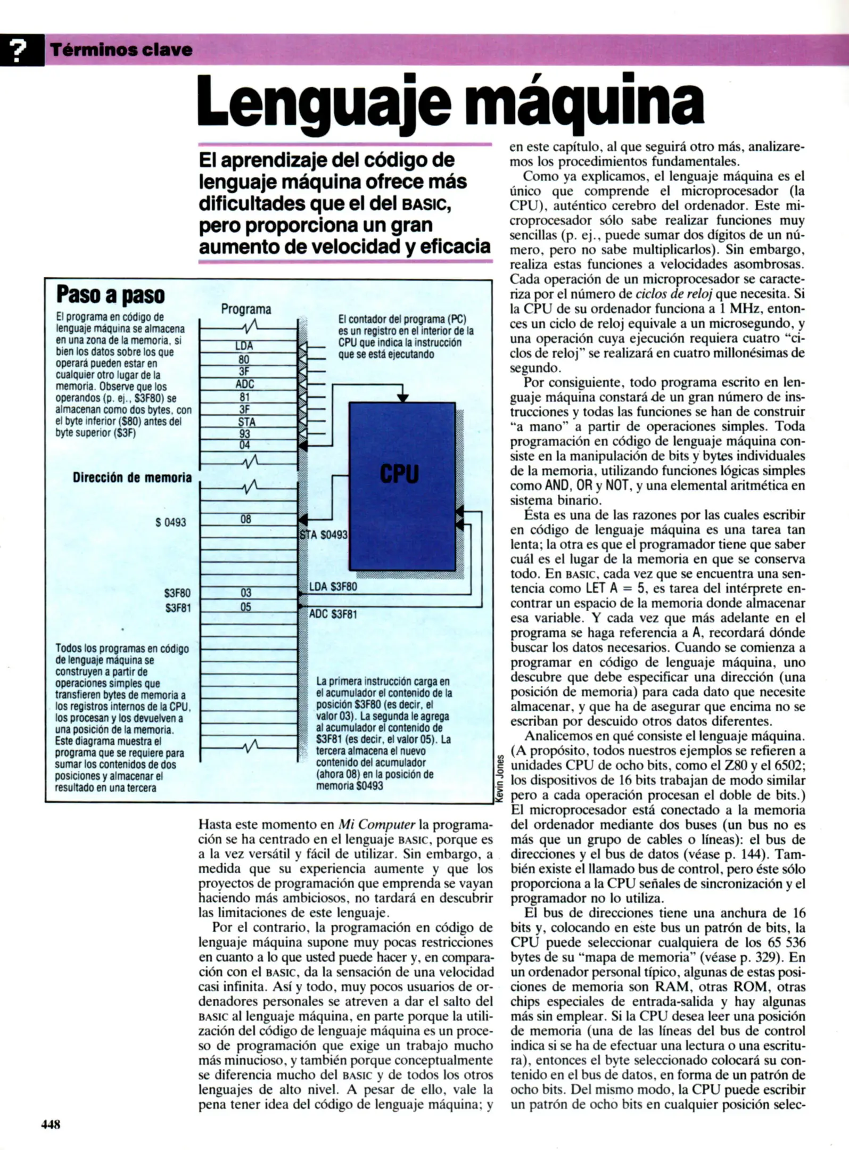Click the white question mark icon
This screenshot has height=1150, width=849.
[20, 50]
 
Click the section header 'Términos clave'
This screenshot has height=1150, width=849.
[121, 50]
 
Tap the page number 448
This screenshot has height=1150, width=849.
[51, 1124]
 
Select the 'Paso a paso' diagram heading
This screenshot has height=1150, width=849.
[110, 294]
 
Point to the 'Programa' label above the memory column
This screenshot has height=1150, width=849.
[246, 309]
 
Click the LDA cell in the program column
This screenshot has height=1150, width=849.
[245, 346]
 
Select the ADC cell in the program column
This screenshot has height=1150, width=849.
[245, 384]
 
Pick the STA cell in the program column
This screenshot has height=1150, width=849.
[246, 422]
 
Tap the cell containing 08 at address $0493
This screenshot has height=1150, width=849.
[245, 519]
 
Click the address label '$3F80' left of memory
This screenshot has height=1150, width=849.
[177, 593]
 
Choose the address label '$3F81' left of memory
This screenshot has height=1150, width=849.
[177, 607]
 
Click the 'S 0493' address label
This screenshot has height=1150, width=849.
[170, 522]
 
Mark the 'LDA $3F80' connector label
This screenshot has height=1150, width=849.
[333, 587]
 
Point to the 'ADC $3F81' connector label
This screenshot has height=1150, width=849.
[333, 614]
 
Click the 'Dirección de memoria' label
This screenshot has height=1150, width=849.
[132, 478]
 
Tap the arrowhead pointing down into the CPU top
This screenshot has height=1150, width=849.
[403, 398]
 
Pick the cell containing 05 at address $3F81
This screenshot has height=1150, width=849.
[245, 607]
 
